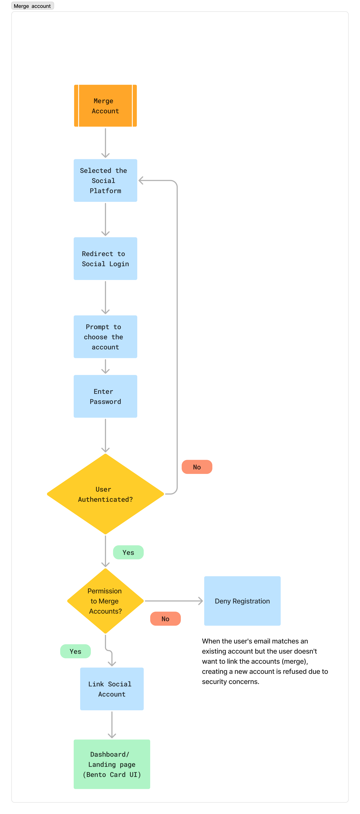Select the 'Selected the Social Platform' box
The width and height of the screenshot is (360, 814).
coord(105,180)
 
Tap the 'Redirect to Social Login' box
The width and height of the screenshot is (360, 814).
coord(105,258)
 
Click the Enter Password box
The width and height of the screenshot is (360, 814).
coord(105,396)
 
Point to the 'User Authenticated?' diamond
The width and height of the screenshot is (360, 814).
coord(105,494)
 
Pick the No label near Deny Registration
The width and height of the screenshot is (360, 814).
coord(165,619)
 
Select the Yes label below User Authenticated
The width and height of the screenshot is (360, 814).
coord(128,552)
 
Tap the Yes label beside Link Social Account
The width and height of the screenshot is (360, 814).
coord(75,651)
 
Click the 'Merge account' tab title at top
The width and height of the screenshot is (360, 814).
coord(32,6)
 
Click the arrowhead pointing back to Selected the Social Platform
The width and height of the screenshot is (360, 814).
coord(141,180)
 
